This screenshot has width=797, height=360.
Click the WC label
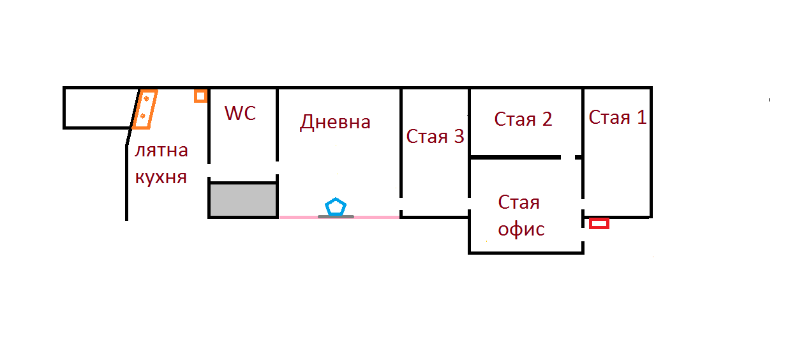(240, 114)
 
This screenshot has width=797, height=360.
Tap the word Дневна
(335, 121)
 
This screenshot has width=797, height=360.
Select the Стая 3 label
(435, 137)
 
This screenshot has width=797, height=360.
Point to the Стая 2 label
(523, 119)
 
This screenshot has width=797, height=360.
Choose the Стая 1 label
(617, 117)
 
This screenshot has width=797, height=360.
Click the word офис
(521, 229)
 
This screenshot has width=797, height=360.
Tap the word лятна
(161, 151)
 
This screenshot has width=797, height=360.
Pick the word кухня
(161, 177)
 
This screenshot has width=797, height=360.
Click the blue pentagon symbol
(336, 207)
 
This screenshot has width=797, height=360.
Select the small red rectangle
(599, 223)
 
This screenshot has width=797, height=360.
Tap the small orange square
(200, 96)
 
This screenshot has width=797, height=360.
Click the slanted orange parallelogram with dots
(145, 109)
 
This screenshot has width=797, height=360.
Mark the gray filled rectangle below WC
(243, 200)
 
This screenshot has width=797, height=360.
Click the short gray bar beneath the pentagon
(336, 216)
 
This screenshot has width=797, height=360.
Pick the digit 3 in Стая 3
(458, 137)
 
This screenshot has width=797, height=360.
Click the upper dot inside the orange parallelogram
(147, 99)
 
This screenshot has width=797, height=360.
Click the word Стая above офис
(519, 203)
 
